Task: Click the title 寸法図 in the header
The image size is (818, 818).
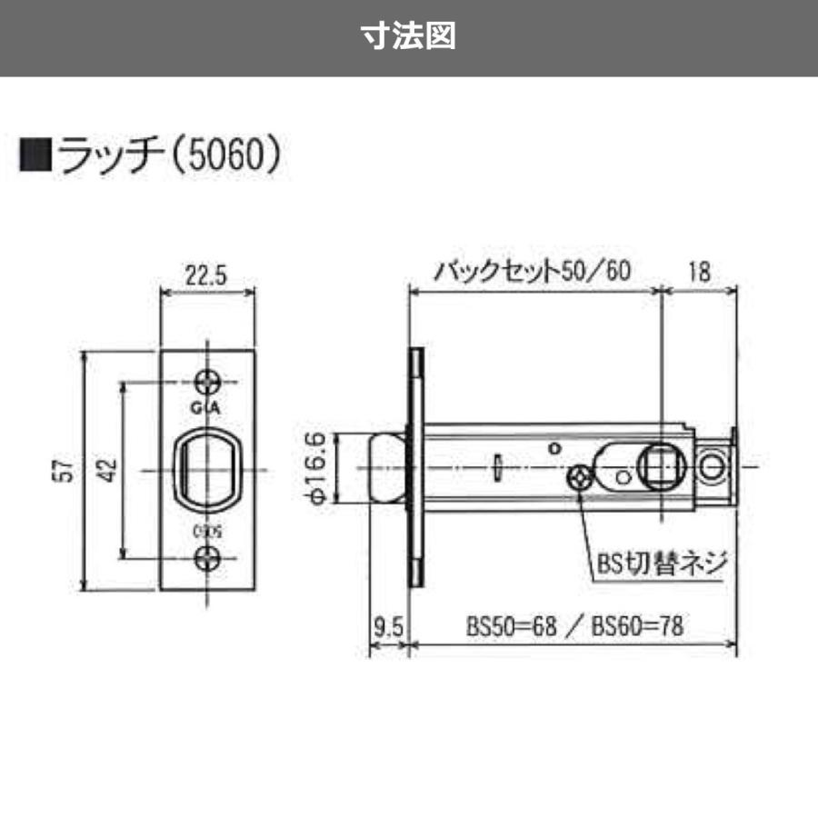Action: point(408,37)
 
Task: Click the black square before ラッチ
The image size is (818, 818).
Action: point(35,155)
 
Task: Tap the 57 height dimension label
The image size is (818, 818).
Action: point(63,470)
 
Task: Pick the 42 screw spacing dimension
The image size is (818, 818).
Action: point(106,470)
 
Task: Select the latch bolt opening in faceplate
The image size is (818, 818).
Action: point(208,468)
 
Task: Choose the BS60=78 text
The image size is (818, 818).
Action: point(637,626)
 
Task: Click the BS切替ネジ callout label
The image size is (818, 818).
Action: point(663,561)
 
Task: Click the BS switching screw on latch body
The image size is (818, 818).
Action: point(578,477)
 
